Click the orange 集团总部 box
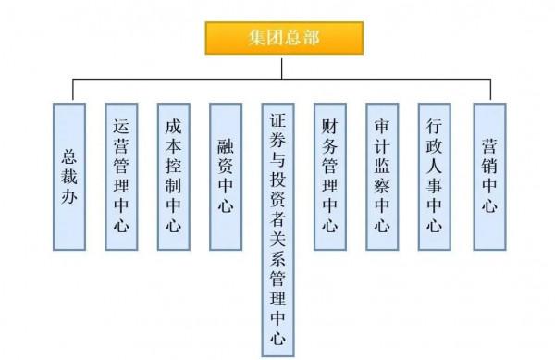(x=283, y=38)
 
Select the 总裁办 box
(x=69, y=176)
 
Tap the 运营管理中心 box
(x=121, y=176)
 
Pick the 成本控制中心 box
(x=173, y=176)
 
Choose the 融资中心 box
(x=225, y=176)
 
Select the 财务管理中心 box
(x=329, y=176)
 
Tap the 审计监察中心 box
(x=382, y=176)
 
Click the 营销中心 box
(x=489, y=176)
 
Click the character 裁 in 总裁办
(x=69, y=176)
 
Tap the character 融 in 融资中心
(x=225, y=146)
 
